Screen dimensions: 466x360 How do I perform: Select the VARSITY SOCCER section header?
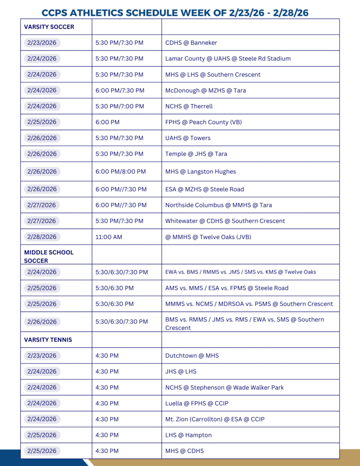click(49, 27)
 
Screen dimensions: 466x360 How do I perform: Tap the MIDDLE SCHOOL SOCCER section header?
click(49, 257)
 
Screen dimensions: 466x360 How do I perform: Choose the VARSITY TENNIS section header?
click(48, 339)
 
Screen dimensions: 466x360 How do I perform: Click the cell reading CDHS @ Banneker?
click(191, 43)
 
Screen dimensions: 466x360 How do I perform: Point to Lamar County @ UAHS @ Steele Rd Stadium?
click(228, 59)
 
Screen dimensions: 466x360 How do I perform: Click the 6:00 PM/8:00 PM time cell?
click(121, 172)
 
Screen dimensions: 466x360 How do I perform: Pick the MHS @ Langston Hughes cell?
click(201, 172)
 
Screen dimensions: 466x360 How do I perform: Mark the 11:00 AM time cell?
click(108, 237)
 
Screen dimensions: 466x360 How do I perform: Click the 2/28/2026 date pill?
click(42, 237)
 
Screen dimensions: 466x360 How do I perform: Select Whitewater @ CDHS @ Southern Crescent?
click(225, 221)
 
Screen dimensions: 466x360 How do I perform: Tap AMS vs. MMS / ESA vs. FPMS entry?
click(227, 288)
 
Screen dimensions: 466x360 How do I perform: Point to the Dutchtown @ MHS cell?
click(192, 355)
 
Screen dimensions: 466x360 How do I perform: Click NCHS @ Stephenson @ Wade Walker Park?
click(224, 387)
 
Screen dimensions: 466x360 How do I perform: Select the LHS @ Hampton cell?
click(188, 435)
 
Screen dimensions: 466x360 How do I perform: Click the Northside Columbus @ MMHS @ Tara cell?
click(218, 205)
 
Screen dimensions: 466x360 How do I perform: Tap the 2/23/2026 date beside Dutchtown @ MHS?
click(42, 355)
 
